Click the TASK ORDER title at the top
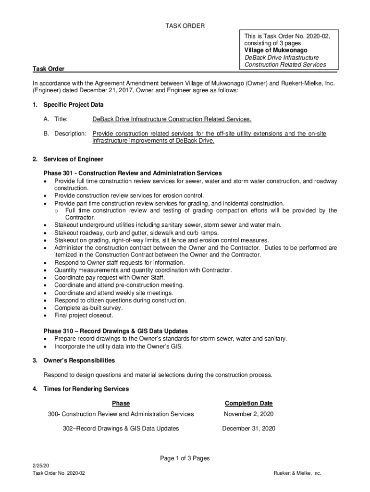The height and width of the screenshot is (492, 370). coord(185,26)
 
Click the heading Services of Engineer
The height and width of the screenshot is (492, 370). coord(73,159)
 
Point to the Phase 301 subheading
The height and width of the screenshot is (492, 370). coord(133,173)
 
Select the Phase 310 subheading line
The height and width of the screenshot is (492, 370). coord(115,331)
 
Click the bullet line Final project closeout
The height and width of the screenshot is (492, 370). coord(84,316)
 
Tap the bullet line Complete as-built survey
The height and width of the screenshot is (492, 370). coord(88,308)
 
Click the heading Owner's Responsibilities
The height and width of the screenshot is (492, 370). coord(79,360)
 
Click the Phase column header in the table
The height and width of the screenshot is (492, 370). coord(121,404)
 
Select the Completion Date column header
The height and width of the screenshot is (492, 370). coord(248,404)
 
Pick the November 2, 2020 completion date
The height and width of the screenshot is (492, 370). coord(248,414)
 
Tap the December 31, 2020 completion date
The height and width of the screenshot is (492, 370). coord(248,429)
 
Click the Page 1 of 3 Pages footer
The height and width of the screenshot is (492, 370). coord(185,458)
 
